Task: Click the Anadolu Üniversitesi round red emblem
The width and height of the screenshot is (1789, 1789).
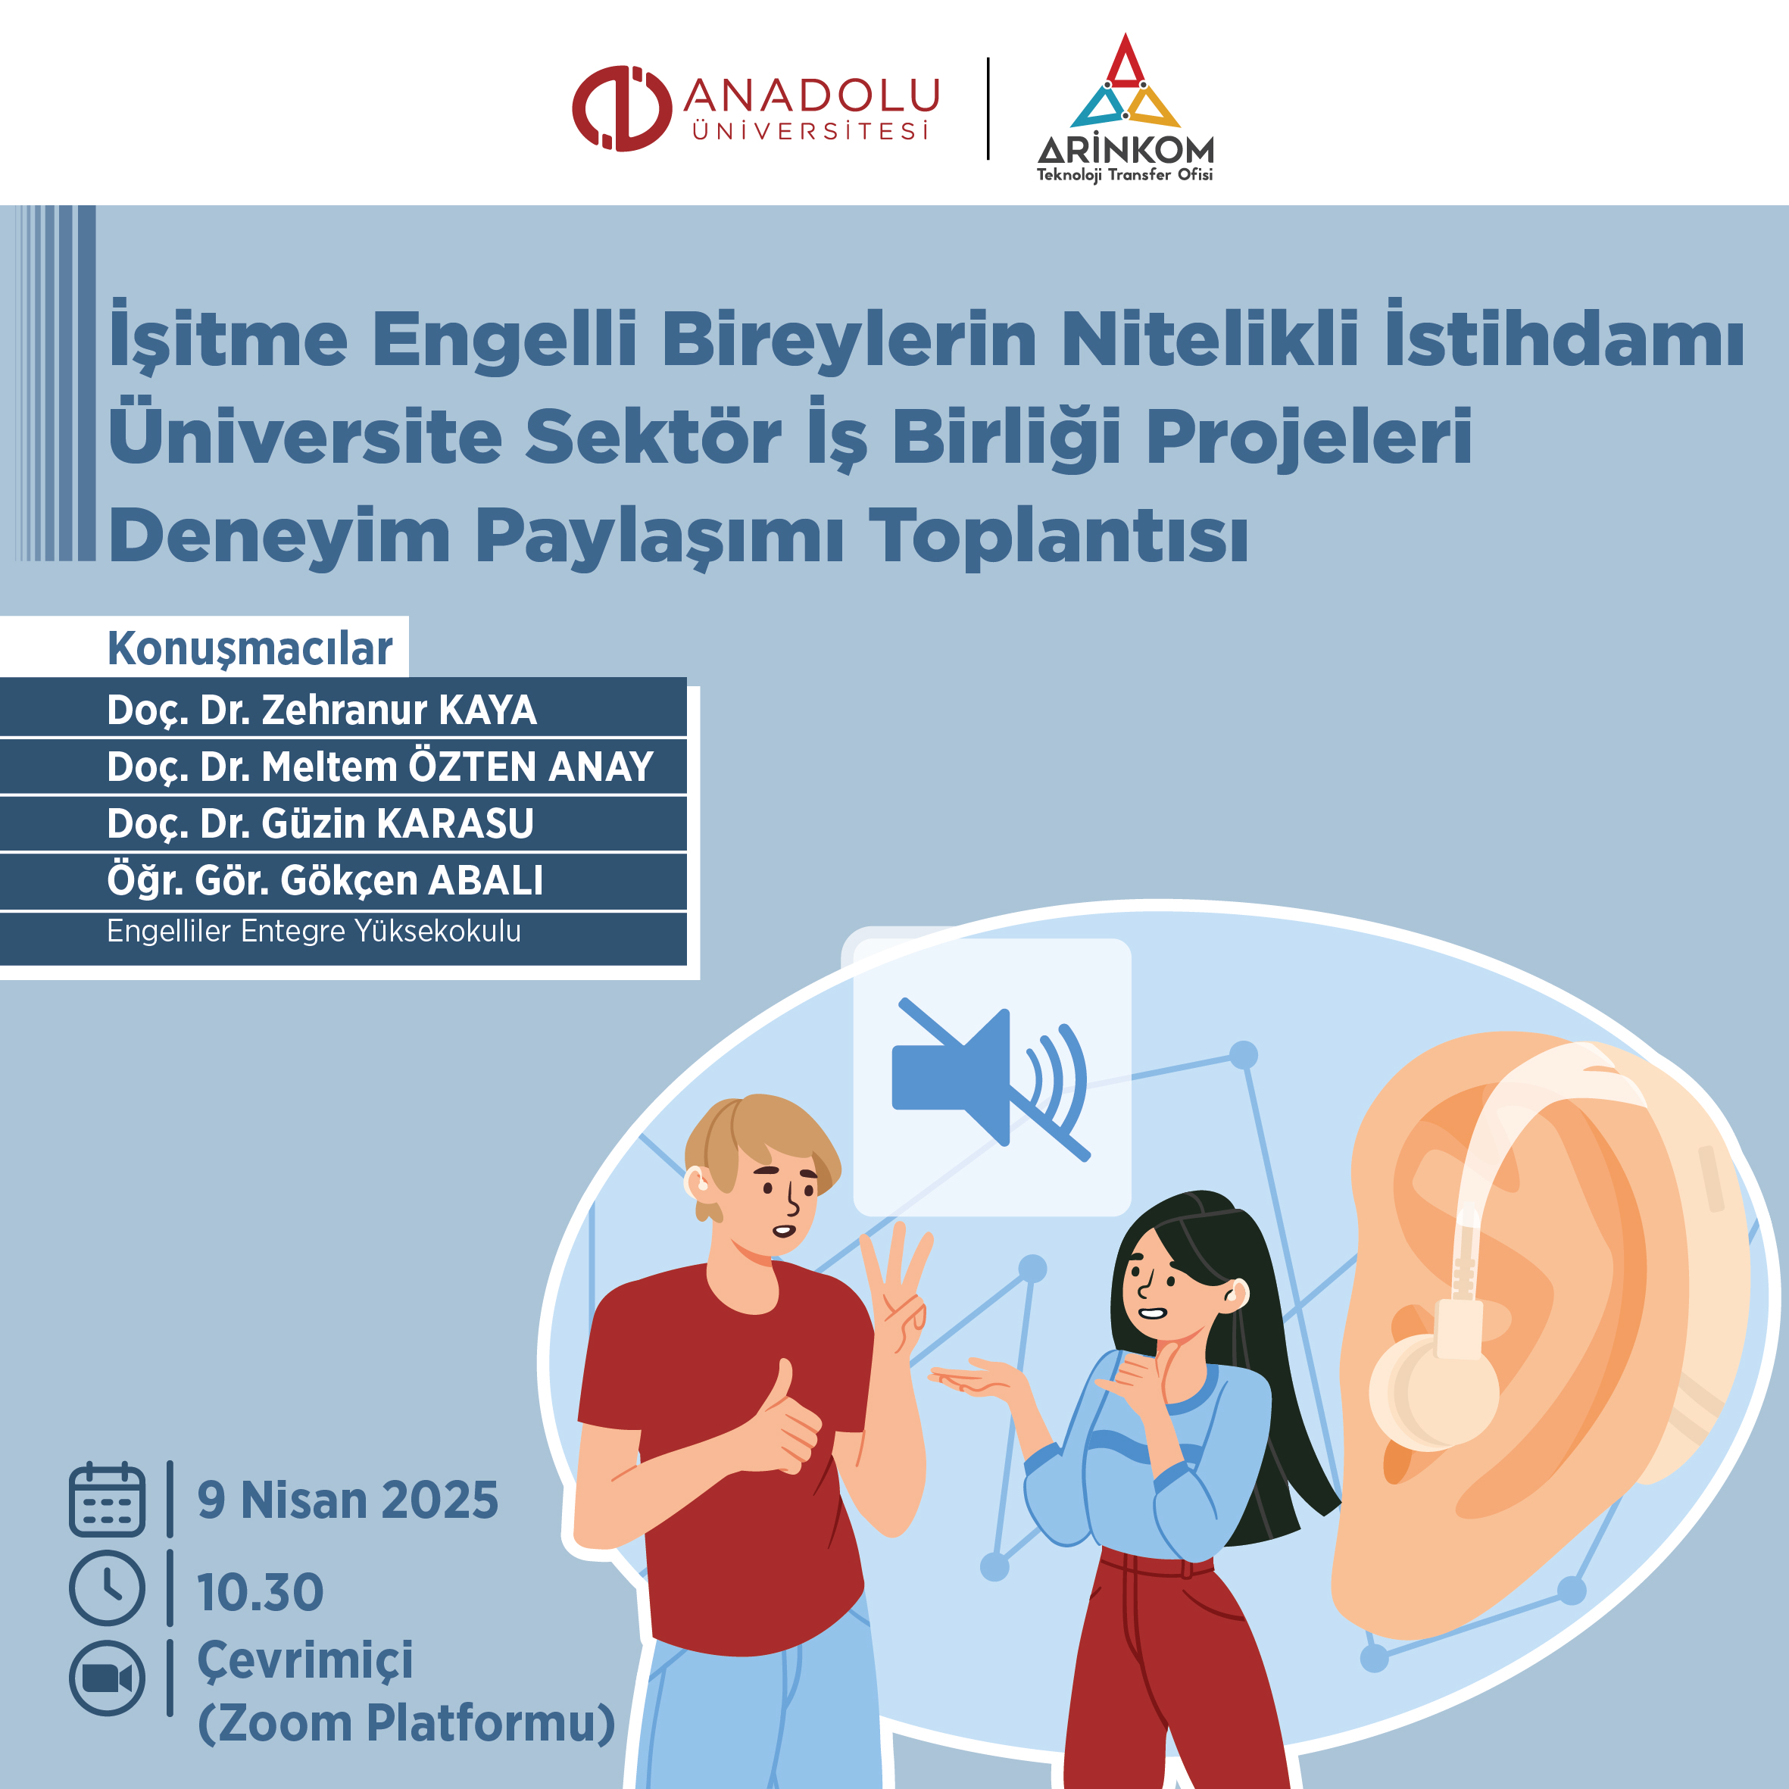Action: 621,108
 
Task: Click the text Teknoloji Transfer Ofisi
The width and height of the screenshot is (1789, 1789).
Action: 1124,175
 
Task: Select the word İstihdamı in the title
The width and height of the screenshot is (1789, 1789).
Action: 1563,337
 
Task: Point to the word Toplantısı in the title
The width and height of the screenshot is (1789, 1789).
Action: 1058,536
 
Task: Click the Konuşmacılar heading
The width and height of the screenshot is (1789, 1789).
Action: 250,649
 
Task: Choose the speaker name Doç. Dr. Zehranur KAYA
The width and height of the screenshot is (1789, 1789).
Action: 322,710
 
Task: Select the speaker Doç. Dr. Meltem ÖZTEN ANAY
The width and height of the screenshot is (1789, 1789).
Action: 380,766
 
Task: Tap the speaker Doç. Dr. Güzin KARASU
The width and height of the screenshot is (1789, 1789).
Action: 320,823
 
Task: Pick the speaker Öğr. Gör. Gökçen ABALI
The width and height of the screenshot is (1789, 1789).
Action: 325,879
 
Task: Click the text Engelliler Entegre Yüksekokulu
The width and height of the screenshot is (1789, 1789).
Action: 314,931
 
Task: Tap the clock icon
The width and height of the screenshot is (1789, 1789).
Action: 108,1588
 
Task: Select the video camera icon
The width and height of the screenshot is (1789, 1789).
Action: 108,1677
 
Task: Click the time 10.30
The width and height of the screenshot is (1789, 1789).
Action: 261,1592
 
